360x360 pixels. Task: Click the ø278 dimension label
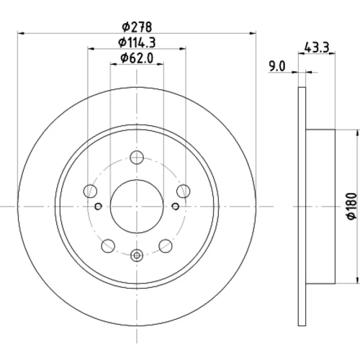pos(137,27)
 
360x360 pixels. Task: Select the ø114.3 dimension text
pos(137,42)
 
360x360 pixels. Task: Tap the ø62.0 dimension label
pos(137,58)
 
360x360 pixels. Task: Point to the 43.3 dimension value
pos(317,48)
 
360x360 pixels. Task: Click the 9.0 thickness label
pos(277,66)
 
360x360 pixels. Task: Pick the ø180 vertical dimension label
pos(351,206)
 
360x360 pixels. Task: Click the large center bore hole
pos(137,207)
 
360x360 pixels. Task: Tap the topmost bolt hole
pos(137,158)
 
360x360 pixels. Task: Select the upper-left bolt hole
pos(90,192)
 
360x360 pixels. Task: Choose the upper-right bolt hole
pos(184,192)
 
